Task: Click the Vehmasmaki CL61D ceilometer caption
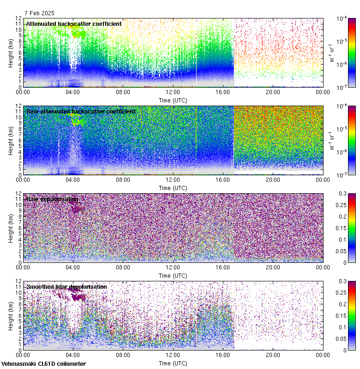(x=43, y=364)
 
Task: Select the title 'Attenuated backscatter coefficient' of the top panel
(x=74, y=24)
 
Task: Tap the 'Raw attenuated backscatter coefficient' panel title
(x=81, y=111)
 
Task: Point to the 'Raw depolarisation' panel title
(x=52, y=199)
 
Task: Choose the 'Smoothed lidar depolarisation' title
(x=66, y=286)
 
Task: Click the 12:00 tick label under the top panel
(x=173, y=92)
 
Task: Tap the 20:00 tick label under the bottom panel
(x=273, y=355)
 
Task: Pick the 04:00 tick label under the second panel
(x=73, y=179)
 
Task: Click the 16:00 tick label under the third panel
(x=223, y=267)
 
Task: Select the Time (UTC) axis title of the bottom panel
(x=173, y=363)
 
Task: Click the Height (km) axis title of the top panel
(x=11, y=53)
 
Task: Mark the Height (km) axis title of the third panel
(x=11, y=228)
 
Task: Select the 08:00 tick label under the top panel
(x=123, y=92)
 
